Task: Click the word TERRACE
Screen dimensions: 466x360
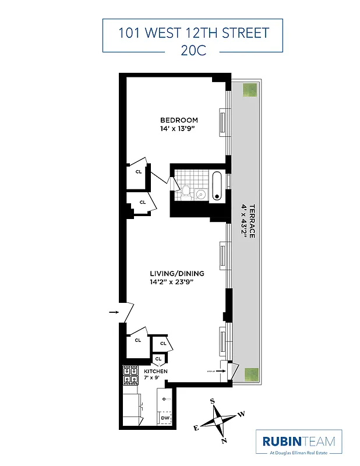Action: point(252,221)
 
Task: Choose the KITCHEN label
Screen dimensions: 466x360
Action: point(156,371)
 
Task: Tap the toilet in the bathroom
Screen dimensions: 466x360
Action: point(186,191)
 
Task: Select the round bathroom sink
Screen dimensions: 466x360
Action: point(201,194)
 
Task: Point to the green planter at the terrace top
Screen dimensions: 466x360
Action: point(250,90)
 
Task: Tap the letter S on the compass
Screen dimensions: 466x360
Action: point(213,401)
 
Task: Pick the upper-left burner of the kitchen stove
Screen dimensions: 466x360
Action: point(126,370)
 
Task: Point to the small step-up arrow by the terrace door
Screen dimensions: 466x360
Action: point(228,370)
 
